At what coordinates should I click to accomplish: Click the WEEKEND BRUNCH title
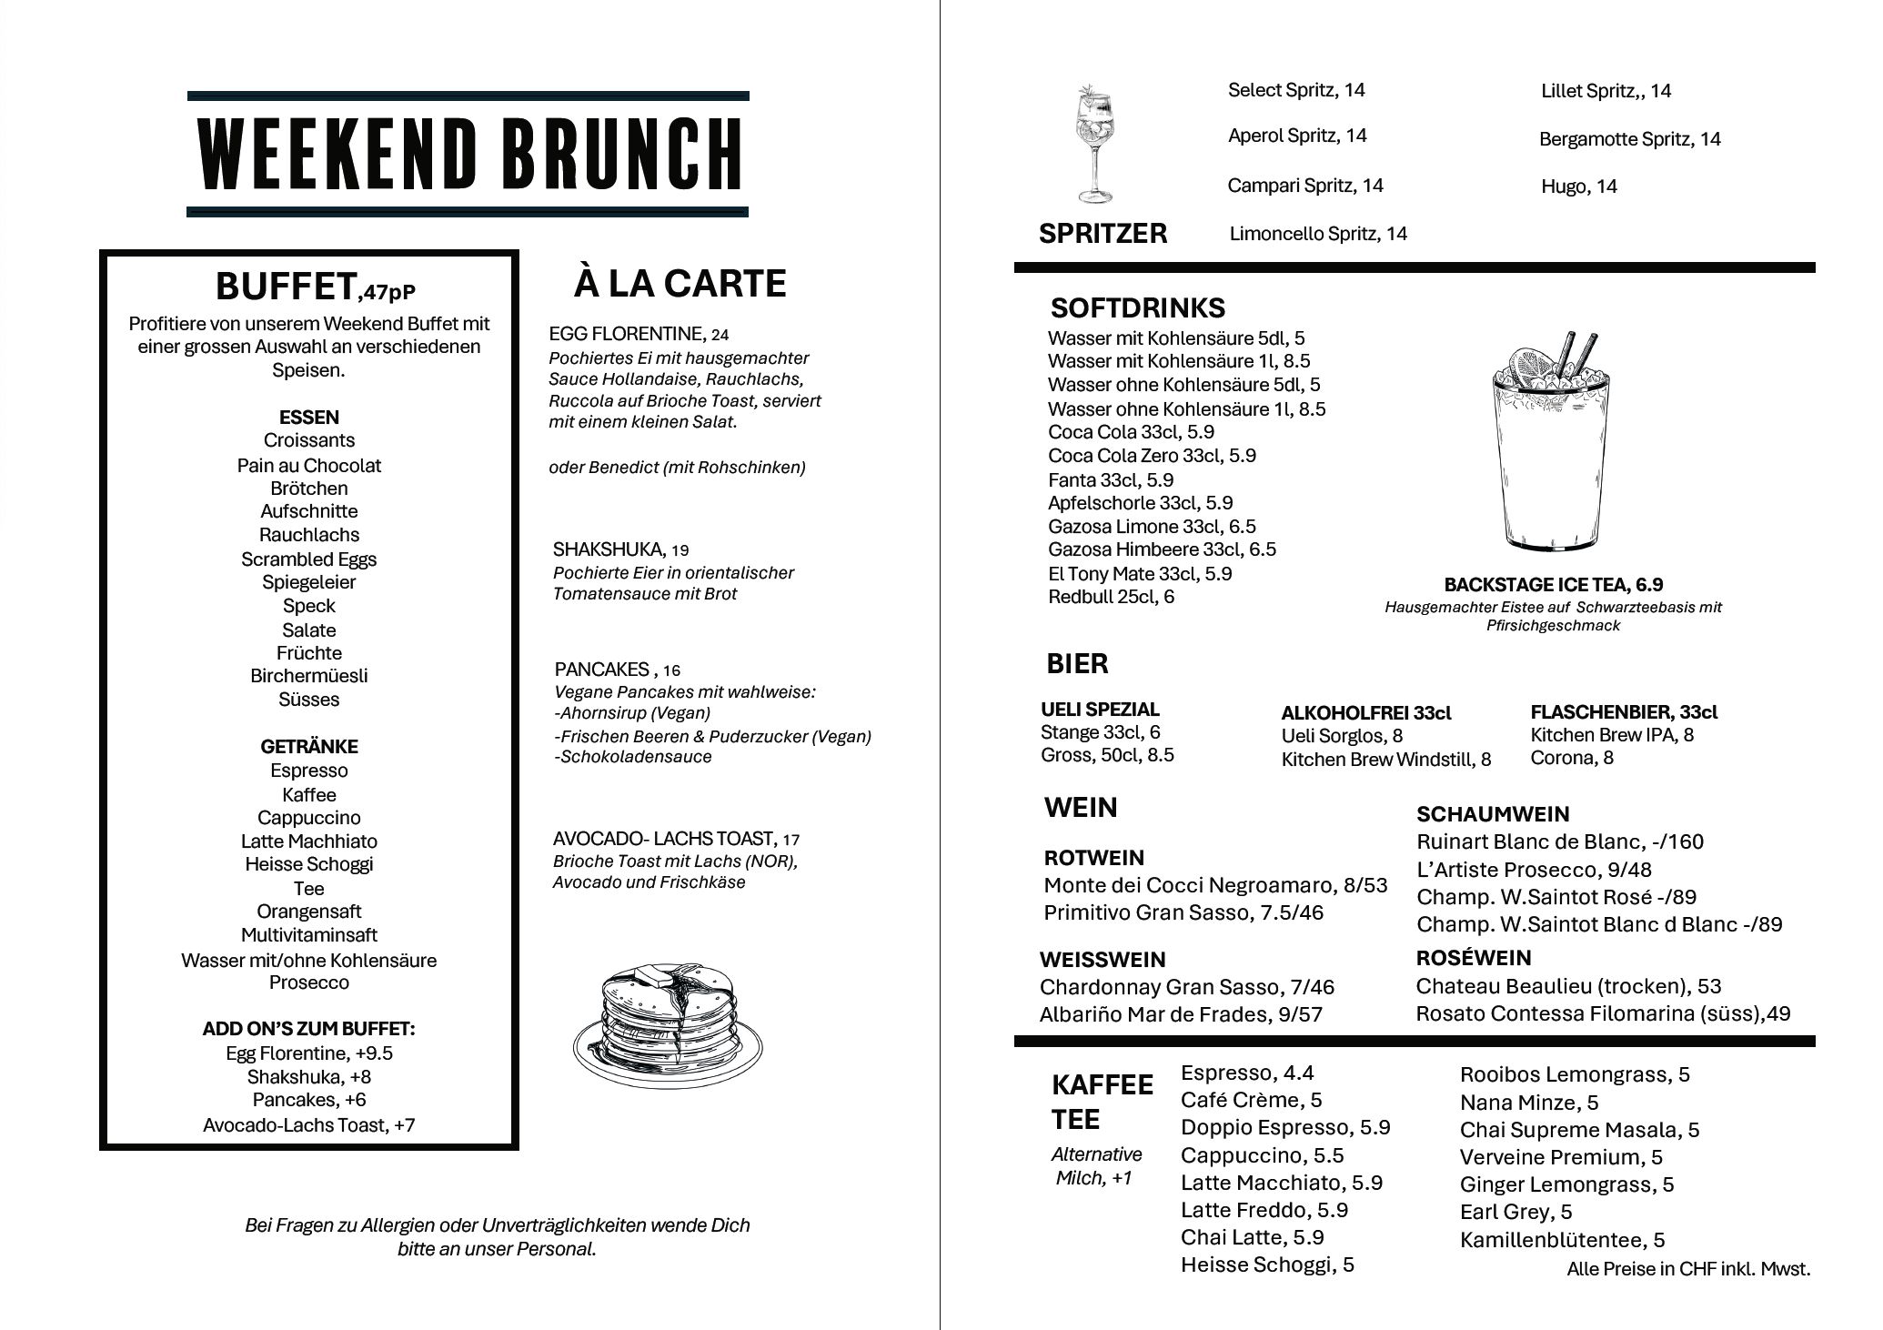coord(468,153)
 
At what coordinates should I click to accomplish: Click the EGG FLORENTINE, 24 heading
coord(639,334)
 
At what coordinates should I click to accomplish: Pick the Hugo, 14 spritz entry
coord(1578,186)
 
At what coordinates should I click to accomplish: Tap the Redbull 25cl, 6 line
coord(1111,597)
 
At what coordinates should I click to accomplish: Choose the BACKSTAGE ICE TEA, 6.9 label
coord(1553,585)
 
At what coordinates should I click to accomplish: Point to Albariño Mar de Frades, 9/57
coord(1180,1014)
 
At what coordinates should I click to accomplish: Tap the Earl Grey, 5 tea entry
coord(1515,1212)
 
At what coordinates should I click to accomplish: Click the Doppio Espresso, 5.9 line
coord(1284,1128)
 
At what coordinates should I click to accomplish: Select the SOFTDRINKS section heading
coord(1137,307)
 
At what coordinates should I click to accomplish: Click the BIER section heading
coord(1077,664)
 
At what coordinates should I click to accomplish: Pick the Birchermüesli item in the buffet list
coord(309,676)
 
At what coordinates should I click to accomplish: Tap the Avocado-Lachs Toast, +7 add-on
coord(309,1125)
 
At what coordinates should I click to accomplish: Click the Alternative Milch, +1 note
coord(1095,1166)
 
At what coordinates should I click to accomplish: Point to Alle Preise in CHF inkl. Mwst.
coord(1687,1269)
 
